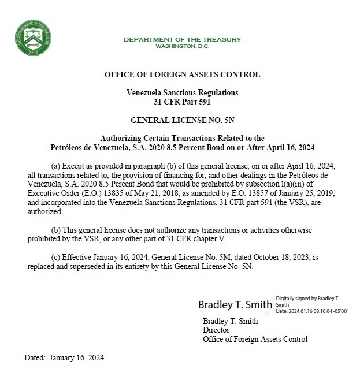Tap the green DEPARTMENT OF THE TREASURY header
pos(182,39)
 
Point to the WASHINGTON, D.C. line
pos(182,46)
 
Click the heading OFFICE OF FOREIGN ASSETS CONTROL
pos(182,74)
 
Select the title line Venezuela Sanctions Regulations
pos(182,92)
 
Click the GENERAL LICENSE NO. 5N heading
pos(182,120)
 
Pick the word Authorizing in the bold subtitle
pos(121,138)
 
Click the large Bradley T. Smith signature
pos(235,304)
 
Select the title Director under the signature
pos(216,330)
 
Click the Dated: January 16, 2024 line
pos(64,357)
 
